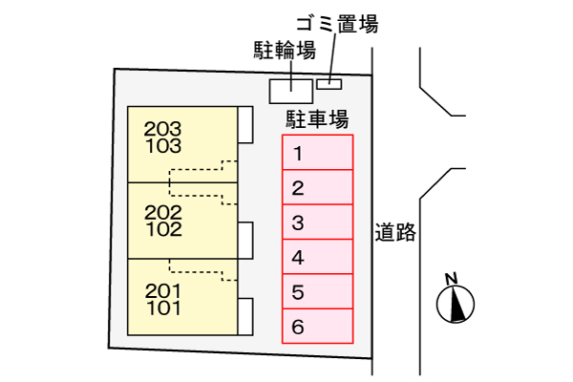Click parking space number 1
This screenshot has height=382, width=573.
click(317, 153)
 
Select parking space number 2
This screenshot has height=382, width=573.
click(317, 187)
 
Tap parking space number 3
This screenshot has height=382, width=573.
click(317, 223)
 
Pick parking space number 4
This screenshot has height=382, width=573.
click(317, 257)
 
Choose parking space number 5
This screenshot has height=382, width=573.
click(317, 291)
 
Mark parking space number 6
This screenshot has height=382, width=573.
click(317, 327)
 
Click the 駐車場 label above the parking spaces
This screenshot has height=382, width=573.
click(316, 119)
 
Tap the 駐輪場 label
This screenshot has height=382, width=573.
click(285, 51)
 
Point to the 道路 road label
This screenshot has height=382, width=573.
click(395, 232)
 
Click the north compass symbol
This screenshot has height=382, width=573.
click(455, 300)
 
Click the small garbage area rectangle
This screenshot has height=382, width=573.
click(329, 83)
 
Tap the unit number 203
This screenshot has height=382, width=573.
click(162, 128)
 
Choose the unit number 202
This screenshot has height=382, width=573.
click(162, 211)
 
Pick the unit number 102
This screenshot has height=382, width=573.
click(164, 229)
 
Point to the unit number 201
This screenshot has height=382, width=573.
click(162, 290)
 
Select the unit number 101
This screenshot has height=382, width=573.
click(164, 308)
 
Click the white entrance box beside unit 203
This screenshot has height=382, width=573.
click(245, 124)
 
